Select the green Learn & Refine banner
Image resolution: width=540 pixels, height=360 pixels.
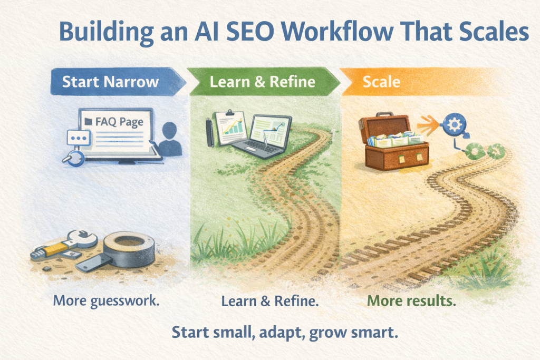(264, 82)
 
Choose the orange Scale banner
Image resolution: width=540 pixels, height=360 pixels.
(413, 82)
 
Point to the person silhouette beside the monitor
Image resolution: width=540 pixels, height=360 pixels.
(169, 139)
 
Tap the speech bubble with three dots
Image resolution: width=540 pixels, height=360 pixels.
(79, 138)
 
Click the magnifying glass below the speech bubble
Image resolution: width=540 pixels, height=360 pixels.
(74, 159)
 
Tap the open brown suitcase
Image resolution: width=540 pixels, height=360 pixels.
(393, 141)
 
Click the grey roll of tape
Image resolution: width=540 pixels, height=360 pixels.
(129, 248)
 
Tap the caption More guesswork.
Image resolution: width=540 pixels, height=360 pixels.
(106, 301)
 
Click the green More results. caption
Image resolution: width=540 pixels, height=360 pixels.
(411, 301)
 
